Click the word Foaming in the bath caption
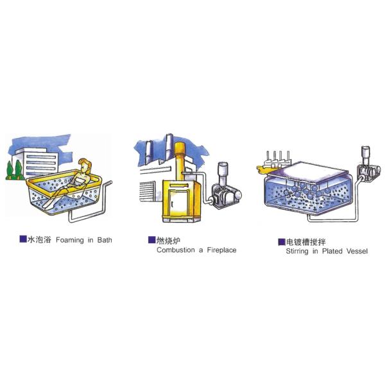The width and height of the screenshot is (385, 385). click(70, 240)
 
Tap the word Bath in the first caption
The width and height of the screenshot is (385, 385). click(105, 240)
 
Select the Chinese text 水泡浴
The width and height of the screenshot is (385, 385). click(39, 239)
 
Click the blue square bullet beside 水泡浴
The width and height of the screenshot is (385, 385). click(23, 239)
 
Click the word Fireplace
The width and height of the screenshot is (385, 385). click(222, 250)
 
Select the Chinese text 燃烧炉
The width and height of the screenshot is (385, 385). click(168, 241)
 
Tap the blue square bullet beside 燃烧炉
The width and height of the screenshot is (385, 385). click(151, 240)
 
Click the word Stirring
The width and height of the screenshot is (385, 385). click(297, 252)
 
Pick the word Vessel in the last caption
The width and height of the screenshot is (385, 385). click(357, 251)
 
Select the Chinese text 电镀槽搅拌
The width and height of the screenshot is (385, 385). click(305, 242)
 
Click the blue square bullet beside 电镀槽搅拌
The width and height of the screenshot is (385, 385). click(282, 242)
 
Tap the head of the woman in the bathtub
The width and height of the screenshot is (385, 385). click(85, 166)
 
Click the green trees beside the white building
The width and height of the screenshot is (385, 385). click(14, 170)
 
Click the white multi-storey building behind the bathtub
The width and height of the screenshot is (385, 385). click(37, 162)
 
